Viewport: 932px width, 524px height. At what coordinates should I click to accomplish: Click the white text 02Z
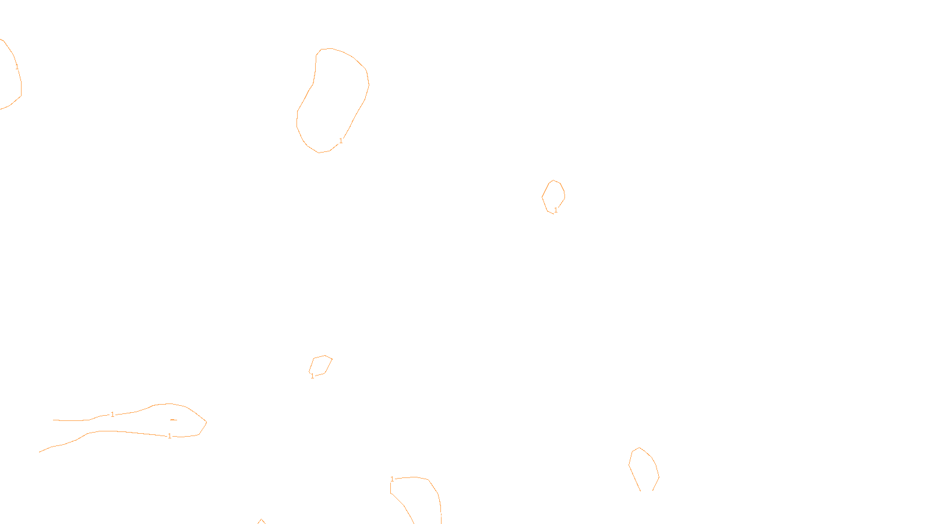tap(442, 515)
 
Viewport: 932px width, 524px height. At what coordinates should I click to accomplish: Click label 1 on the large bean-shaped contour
tap(341, 141)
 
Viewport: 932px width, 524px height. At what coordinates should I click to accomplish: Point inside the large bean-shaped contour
tap(332, 99)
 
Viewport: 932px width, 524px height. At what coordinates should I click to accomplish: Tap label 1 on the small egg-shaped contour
tap(556, 210)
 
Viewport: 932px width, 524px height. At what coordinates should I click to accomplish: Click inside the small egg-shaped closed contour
tap(553, 196)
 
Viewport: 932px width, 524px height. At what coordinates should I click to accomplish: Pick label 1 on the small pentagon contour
tap(312, 376)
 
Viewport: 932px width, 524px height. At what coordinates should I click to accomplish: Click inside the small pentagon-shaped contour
tap(320, 365)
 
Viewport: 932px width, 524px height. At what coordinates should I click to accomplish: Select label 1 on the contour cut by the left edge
tap(17, 67)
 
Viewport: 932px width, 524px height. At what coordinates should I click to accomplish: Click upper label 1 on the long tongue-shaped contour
tap(112, 415)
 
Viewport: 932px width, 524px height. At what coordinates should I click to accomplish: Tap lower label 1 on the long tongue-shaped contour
tap(170, 436)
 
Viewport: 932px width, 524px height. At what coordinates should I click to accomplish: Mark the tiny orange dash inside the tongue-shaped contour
tap(173, 420)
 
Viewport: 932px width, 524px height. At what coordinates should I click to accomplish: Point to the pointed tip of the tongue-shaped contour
tap(206, 422)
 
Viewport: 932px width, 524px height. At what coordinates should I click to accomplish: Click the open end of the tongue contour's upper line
tap(54, 420)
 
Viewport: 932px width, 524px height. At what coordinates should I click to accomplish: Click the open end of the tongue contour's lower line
tap(40, 452)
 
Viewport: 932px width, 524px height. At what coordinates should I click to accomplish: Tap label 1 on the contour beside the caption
tap(392, 479)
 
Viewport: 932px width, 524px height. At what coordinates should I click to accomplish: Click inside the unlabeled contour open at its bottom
tap(644, 469)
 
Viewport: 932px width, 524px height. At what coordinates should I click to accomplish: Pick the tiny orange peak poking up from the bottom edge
tap(261, 521)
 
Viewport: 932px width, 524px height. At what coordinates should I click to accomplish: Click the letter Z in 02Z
tap(446, 515)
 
